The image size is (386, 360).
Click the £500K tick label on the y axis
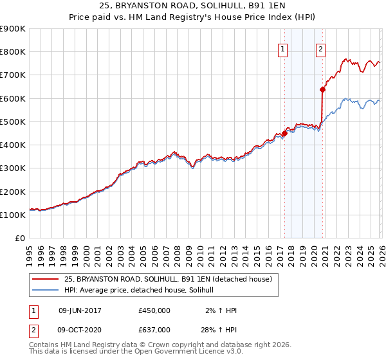(13, 122)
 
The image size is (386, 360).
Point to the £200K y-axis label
(13, 192)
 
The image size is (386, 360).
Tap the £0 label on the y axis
(20, 238)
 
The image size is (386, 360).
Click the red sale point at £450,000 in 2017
(284, 134)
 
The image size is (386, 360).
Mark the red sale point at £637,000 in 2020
(322, 90)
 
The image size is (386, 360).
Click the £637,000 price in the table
(154, 330)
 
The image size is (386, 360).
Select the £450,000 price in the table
(154, 310)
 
